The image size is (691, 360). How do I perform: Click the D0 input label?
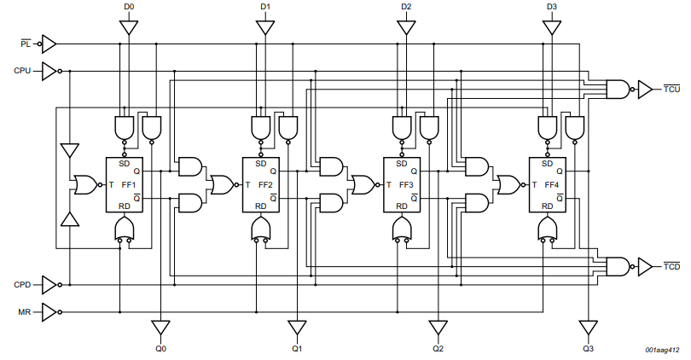128,7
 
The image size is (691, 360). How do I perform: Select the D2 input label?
406,7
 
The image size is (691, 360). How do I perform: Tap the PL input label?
26,42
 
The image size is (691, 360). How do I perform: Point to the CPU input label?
23,71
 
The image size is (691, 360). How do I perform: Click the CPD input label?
23,284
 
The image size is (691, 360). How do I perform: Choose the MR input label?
26,312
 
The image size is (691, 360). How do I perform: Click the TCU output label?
671,89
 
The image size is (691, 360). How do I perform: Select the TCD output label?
671,267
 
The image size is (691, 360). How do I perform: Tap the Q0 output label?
160,349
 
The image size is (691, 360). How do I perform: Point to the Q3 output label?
588,349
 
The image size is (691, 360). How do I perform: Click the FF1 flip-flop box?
123,185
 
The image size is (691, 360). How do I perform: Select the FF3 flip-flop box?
400,185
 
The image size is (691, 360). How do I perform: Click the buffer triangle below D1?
266,28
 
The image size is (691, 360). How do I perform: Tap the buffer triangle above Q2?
438,328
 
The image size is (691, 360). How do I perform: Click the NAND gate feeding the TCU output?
617,88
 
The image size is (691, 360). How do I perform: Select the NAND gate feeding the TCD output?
617,267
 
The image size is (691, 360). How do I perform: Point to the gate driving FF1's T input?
84,184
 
